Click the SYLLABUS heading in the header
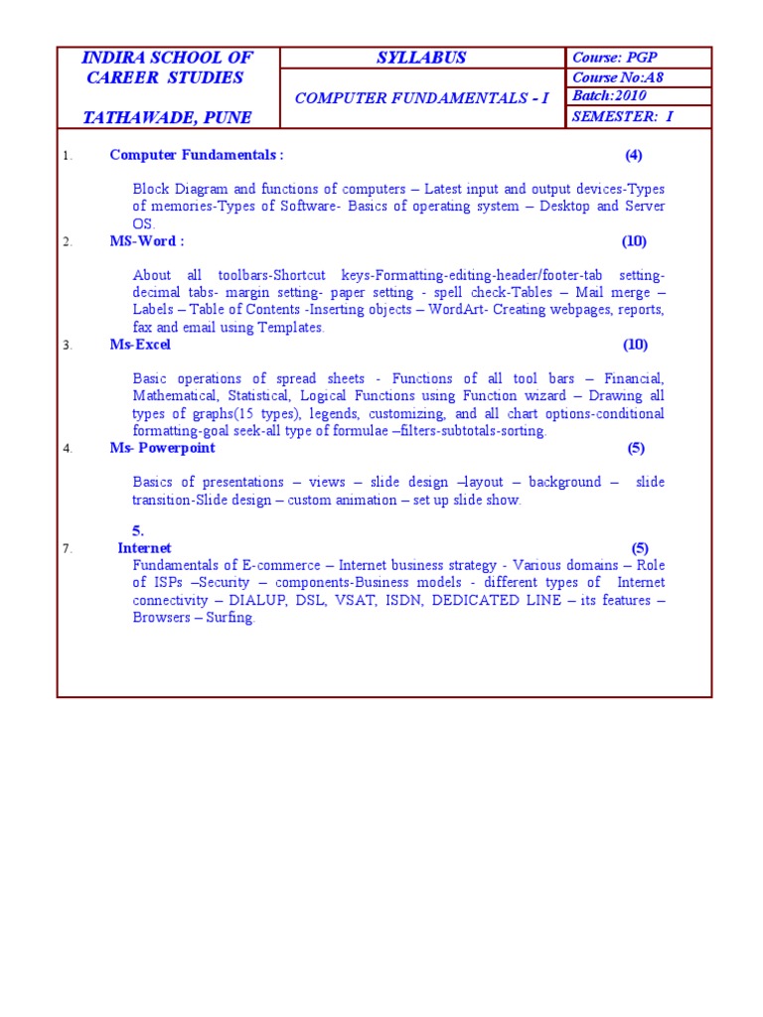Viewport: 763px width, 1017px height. click(422, 58)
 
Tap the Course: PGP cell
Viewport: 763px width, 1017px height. click(615, 58)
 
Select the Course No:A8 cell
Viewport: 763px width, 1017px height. click(617, 77)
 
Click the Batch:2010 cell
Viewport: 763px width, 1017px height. click(609, 96)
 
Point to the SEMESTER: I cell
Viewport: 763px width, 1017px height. click(622, 117)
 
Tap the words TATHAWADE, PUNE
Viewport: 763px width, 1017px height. click(167, 117)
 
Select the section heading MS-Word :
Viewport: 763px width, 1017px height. click(146, 241)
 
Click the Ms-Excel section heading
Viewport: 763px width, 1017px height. click(140, 345)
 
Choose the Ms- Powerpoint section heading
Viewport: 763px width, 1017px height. click(162, 448)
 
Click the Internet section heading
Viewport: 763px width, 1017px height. click(144, 548)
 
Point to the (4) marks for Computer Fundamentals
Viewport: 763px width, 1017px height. click(634, 155)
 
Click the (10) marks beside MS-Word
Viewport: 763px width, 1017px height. click(634, 241)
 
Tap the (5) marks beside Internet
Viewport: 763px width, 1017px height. click(639, 548)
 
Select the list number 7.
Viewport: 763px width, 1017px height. click(67, 549)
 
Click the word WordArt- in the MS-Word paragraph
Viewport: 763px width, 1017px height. click(458, 310)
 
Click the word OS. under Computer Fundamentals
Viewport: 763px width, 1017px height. click(144, 224)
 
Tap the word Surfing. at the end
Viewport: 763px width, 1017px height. click(230, 618)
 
